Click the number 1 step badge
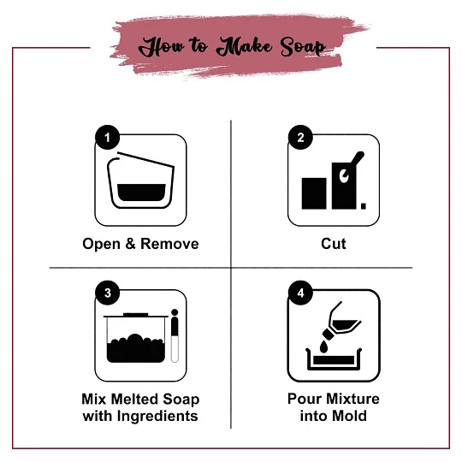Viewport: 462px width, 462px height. [x=108, y=137]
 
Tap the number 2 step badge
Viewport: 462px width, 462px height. [x=300, y=137]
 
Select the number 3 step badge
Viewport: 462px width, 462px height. [x=108, y=293]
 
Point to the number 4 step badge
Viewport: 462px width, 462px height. [x=300, y=293]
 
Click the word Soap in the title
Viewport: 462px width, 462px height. [x=303, y=46]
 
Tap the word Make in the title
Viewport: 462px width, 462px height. [x=245, y=46]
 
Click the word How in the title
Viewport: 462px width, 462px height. [x=162, y=47]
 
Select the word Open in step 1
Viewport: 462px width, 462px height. [x=101, y=244]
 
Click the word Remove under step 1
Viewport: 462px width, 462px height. [x=169, y=244]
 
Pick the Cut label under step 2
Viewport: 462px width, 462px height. [x=334, y=244]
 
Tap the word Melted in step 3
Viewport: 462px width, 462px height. [x=134, y=400]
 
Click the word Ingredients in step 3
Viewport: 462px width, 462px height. [x=157, y=417]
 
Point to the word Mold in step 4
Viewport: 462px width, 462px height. [x=350, y=416]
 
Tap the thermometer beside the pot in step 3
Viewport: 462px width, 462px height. [x=175, y=335]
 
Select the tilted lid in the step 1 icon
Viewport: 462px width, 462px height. [x=145, y=160]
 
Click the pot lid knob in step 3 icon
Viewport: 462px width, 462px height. [x=135, y=315]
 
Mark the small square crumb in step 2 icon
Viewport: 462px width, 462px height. [x=364, y=206]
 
